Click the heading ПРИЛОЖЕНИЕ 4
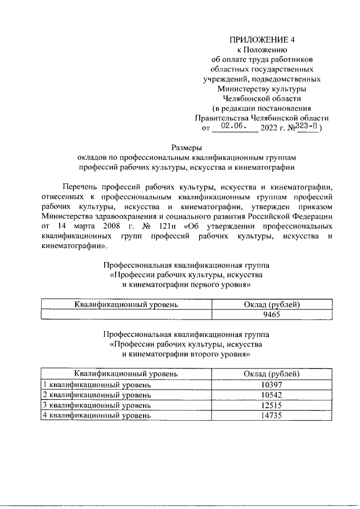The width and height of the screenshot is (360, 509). point(262,40)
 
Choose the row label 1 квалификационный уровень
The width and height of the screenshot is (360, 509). point(97,385)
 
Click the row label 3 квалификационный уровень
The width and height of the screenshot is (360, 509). point(97,405)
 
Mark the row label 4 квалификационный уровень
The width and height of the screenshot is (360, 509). point(97,416)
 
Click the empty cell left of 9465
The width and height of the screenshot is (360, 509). point(126,315)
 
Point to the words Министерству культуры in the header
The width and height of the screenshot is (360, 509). point(262,89)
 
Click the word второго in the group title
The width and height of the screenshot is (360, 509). point(191,354)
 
